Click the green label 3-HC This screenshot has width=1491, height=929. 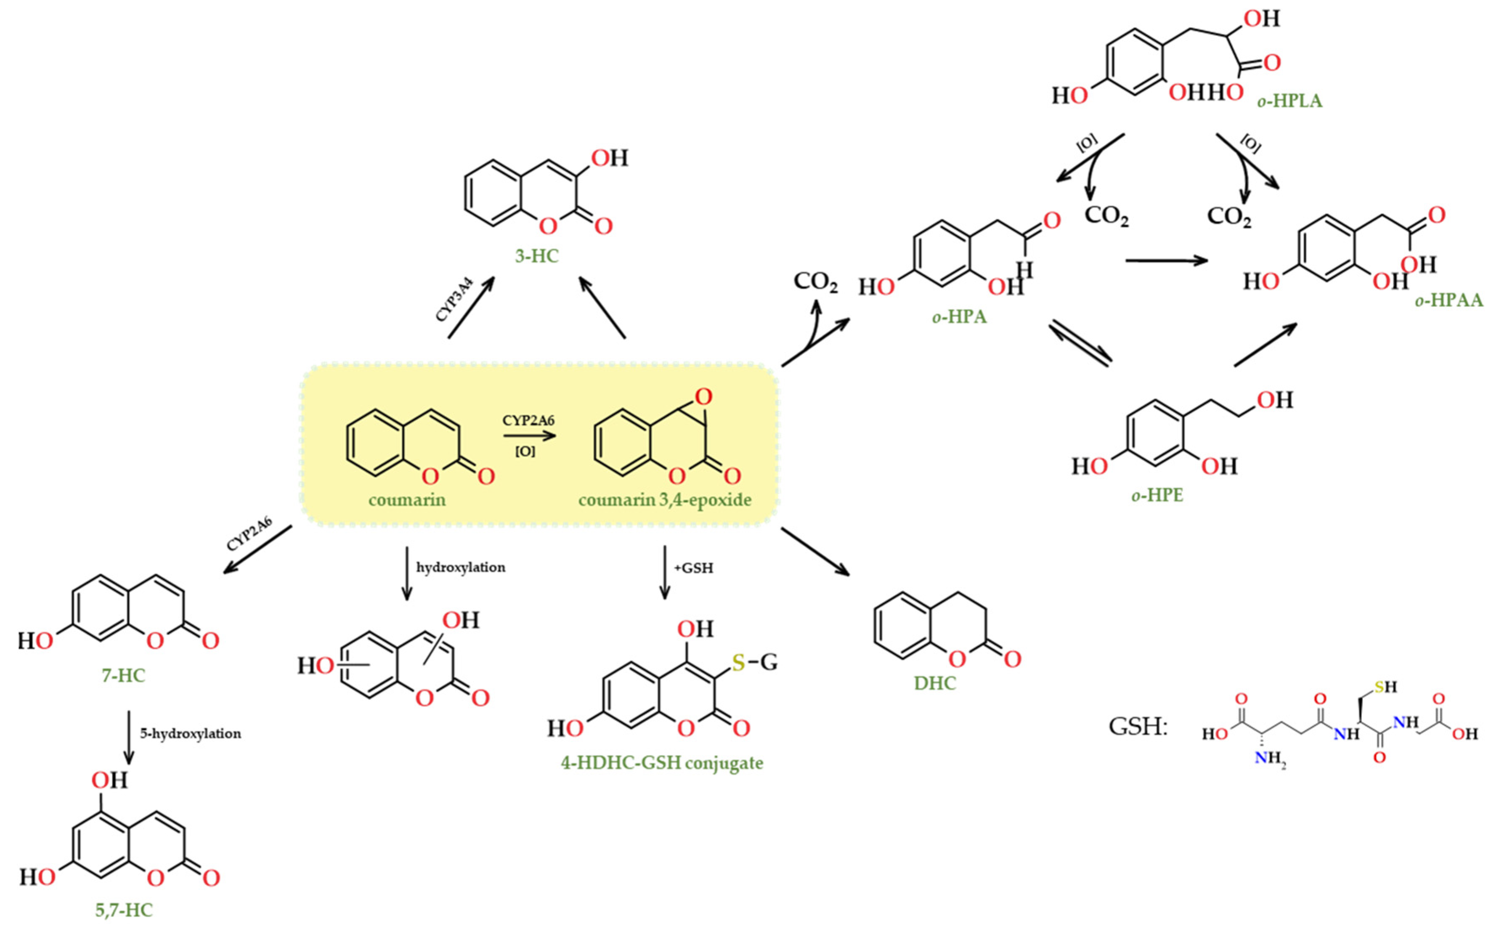(536, 255)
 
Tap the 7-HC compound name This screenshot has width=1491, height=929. (124, 675)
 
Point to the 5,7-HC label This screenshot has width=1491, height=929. (124, 910)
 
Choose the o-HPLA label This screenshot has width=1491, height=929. (1289, 101)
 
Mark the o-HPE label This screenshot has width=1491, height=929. (1157, 495)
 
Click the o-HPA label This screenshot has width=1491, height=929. (960, 317)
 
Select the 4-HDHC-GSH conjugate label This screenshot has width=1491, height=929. (662, 763)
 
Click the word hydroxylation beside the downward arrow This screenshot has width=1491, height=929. (461, 567)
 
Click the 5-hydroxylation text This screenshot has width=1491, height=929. (191, 734)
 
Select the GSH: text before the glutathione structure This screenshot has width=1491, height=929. (1137, 727)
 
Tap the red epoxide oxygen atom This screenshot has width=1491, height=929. (704, 397)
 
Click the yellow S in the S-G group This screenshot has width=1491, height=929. (738, 662)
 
